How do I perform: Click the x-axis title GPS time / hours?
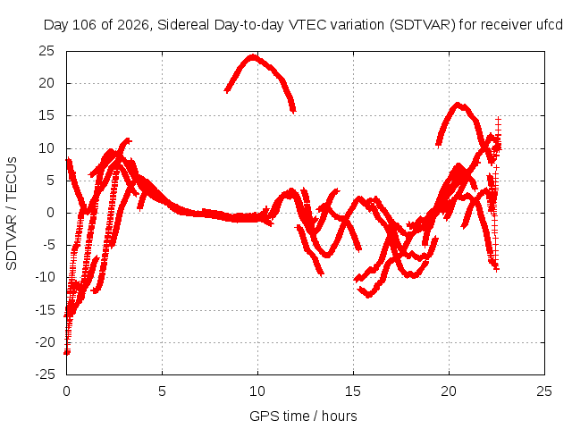303,416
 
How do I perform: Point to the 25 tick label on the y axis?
46,51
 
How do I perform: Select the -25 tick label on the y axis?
45,374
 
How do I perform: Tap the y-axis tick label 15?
46,115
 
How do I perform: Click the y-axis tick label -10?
45,278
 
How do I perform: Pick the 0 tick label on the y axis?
50,213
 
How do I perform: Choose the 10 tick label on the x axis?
257,391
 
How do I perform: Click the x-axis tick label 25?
544,391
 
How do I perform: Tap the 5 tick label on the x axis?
162,391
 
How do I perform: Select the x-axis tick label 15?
353,391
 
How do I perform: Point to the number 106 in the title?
85,25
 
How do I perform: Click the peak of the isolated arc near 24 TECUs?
253,56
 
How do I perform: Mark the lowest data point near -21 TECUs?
67,353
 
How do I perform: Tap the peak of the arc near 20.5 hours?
458,105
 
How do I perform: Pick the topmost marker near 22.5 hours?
499,119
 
